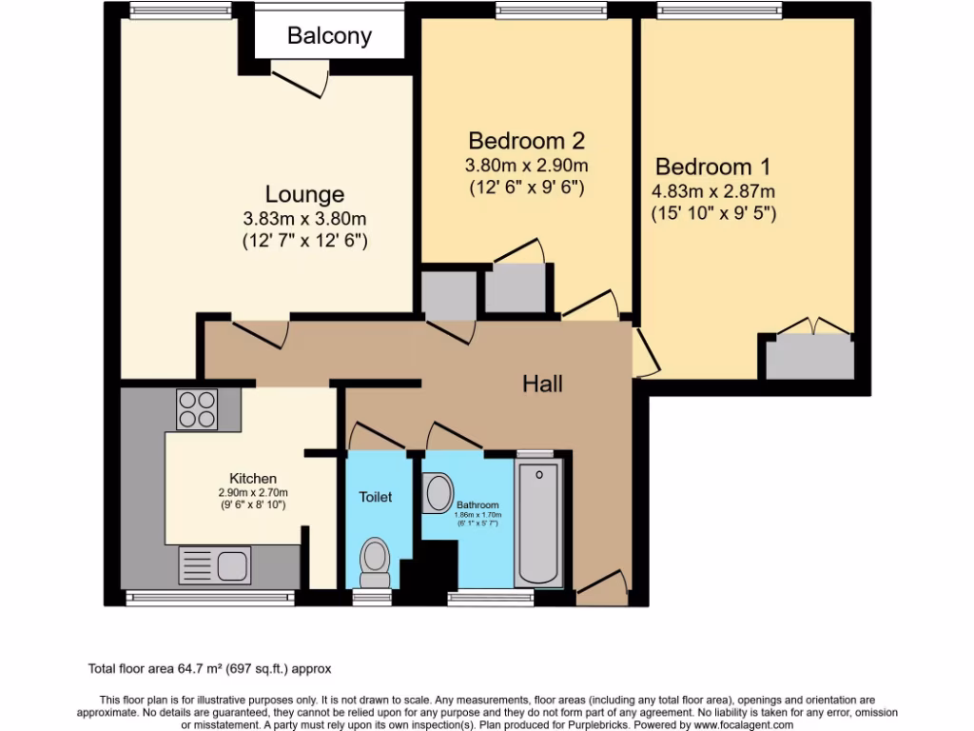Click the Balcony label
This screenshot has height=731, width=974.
point(329,36)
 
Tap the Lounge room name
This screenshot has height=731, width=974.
point(304,194)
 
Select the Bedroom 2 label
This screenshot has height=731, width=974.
point(526,141)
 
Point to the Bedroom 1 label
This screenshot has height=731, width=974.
point(713,165)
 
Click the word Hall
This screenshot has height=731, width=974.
point(542,384)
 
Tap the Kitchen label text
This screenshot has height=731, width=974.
point(253,478)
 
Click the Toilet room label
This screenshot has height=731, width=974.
point(376,497)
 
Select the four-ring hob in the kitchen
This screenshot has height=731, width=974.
point(197,410)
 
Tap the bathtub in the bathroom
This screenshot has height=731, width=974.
point(538,524)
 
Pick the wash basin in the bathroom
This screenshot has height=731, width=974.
point(438,494)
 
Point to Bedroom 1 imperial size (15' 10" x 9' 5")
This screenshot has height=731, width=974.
point(713,213)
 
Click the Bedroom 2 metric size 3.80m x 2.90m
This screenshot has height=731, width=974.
point(526,165)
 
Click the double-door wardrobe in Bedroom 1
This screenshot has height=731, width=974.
point(810,356)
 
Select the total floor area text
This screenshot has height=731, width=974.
point(209,669)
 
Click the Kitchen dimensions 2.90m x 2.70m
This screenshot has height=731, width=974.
point(253,492)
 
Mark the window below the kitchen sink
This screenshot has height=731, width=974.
point(210,598)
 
